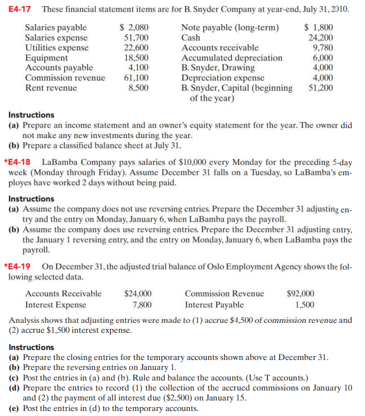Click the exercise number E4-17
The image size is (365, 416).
pyautogui.click(x=21, y=10)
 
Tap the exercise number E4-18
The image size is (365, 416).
pyautogui.click(x=19, y=161)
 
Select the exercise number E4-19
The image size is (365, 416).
pyautogui.click(x=19, y=266)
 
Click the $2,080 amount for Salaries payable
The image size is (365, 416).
pyautogui.click(x=135, y=28)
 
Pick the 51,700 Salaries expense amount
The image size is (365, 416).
pyautogui.click(x=136, y=38)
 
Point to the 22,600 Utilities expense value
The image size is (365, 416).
pyautogui.click(x=136, y=48)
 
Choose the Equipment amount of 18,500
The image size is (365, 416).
pyautogui.click(x=136, y=58)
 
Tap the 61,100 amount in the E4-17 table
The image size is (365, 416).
pyautogui.click(x=136, y=78)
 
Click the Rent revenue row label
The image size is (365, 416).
pyautogui.click(x=50, y=88)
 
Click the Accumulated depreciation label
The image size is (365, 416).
pyautogui.click(x=232, y=58)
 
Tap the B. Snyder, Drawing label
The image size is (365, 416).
pyautogui.click(x=218, y=68)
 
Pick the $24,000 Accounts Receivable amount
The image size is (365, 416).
pyautogui.click(x=138, y=293)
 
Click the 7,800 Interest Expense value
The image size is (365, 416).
pyautogui.click(x=141, y=305)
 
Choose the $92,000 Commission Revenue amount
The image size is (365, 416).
pyautogui.click(x=300, y=293)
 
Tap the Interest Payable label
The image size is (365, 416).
pyautogui.click(x=214, y=305)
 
